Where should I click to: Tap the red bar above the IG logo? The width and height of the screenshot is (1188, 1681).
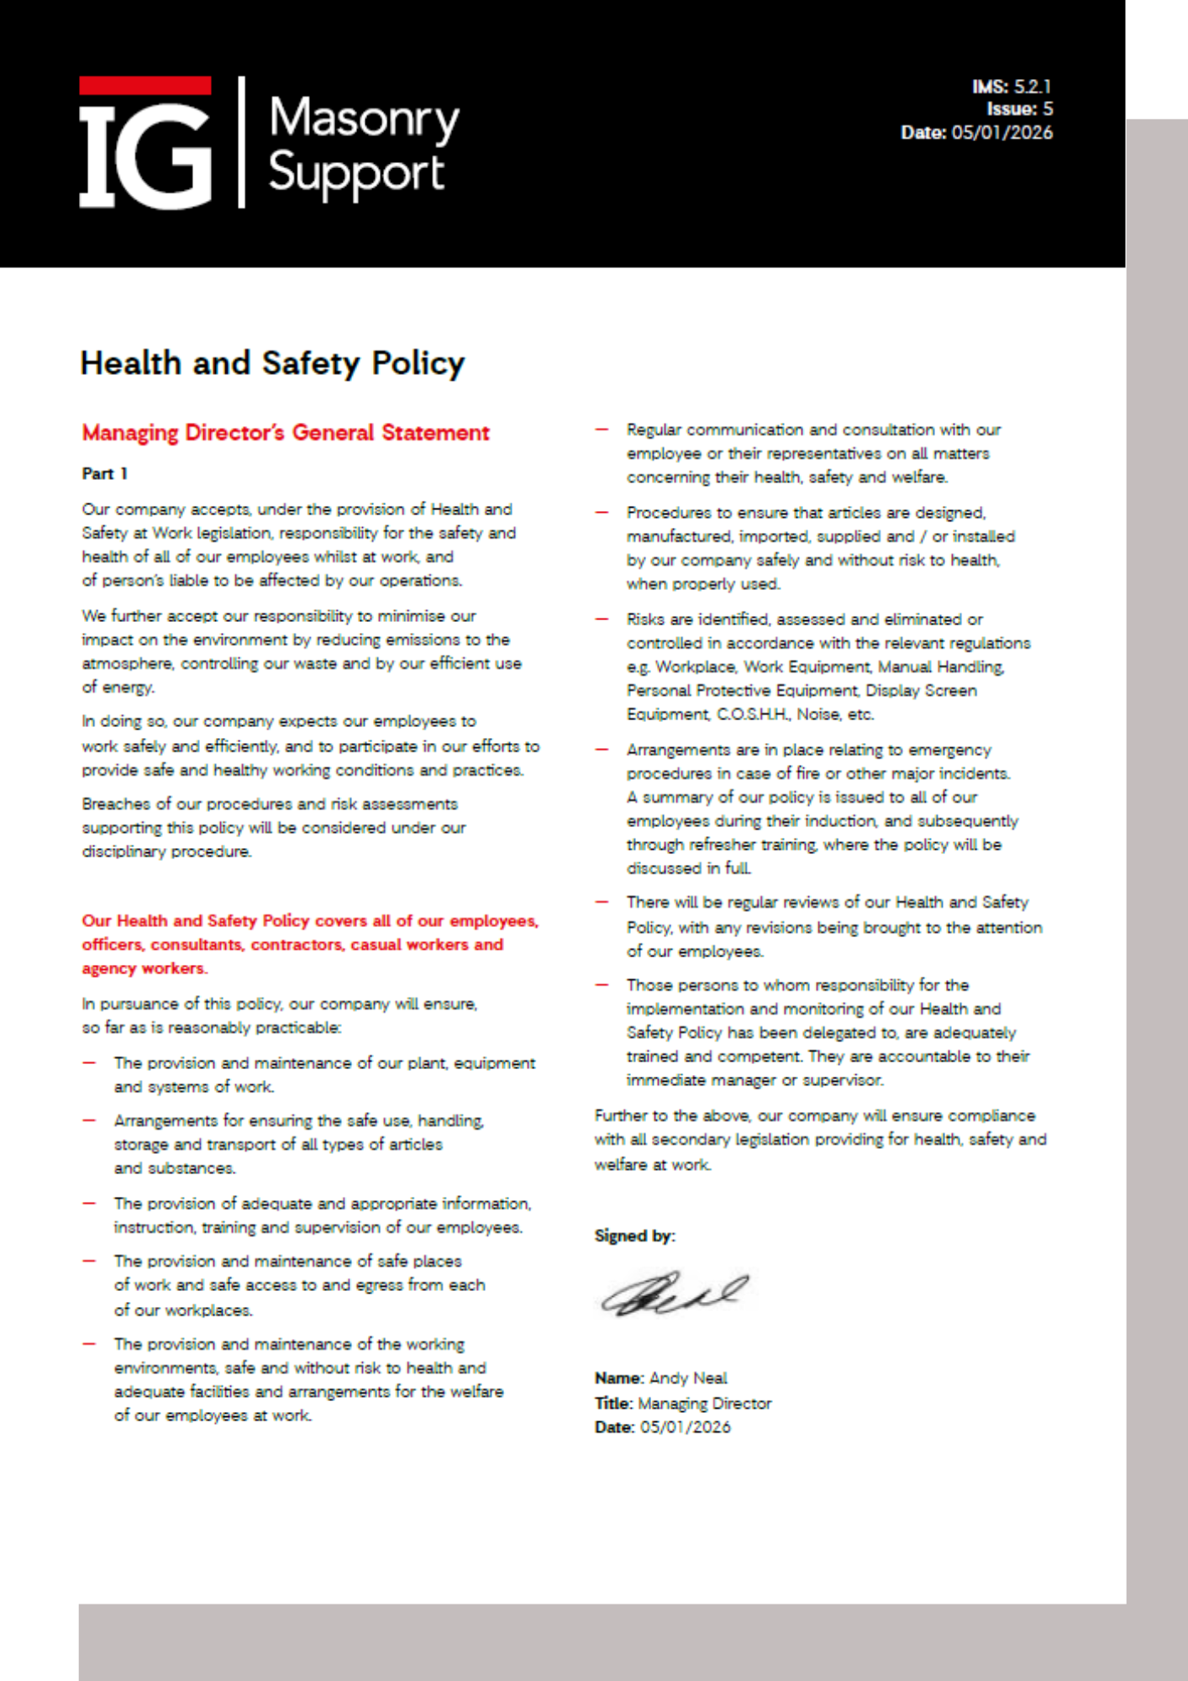click(x=145, y=86)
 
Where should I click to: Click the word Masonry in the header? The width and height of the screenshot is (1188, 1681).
click(x=364, y=119)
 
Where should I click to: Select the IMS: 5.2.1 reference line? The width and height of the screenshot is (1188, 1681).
click(x=1012, y=87)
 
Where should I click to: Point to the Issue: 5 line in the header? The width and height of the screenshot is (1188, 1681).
click(x=1019, y=109)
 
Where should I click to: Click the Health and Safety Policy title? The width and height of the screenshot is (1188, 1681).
click(x=272, y=363)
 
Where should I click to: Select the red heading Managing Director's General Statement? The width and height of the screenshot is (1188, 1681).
click(x=286, y=433)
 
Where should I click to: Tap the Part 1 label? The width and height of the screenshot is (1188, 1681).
click(x=105, y=474)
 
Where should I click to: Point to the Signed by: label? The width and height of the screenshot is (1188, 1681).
click(x=634, y=1236)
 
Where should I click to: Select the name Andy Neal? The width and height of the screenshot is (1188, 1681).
click(x=688, y=1378)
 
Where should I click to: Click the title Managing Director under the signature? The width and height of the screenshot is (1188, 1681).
click(x=704, y=1403)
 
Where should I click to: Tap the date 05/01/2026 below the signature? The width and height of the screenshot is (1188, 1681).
click(x=685, y=1427)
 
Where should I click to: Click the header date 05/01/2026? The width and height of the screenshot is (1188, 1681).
click(x=1001, y=133)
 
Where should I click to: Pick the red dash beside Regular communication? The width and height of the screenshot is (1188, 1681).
click(x=602, y=429)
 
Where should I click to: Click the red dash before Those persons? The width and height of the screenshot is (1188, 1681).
click(x=602, y=985)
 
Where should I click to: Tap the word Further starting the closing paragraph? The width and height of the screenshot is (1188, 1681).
click(x=621, y=1116)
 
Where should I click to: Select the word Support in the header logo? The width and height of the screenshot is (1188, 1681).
click(x=355, y=173)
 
